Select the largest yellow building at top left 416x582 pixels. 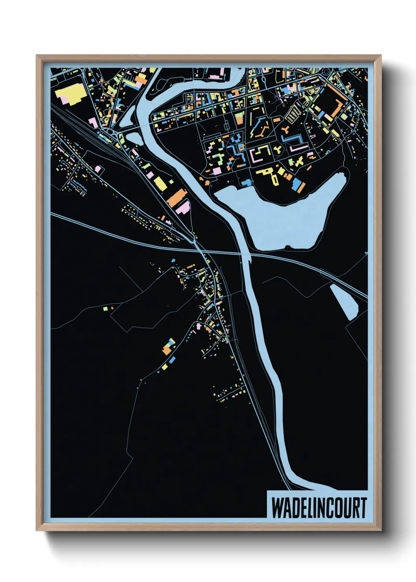click(72, 94)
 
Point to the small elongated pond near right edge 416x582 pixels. click(344, 301)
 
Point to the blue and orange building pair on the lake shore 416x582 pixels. click(298, 186)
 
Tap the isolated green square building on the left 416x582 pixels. click(105, 309)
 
